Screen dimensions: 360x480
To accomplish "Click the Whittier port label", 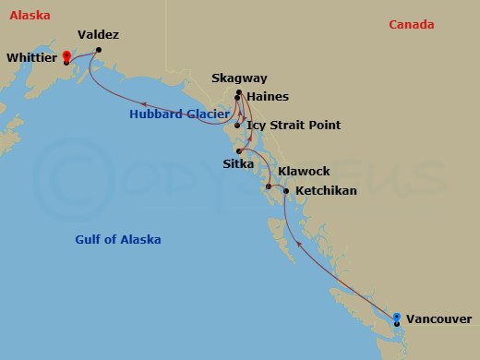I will [31, 57].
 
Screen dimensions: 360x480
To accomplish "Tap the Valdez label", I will [98, 35].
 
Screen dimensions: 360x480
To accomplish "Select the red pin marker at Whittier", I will [66, 56].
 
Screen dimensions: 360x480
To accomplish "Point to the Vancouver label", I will [438, 319].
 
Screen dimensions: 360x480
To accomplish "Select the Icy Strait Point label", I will [294, 125].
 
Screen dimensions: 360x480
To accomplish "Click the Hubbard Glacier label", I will [179, 114].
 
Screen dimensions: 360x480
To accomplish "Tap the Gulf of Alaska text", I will [117, 240].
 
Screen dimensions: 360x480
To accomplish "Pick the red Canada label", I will [411, 25].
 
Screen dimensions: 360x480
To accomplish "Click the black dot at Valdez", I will [99, 50].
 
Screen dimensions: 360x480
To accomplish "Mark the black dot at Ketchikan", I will [286, 191].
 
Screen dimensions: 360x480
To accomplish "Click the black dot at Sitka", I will [238, 151].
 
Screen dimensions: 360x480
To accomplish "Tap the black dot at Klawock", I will [268, 188].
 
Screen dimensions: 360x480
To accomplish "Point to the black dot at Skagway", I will [238, 92].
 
